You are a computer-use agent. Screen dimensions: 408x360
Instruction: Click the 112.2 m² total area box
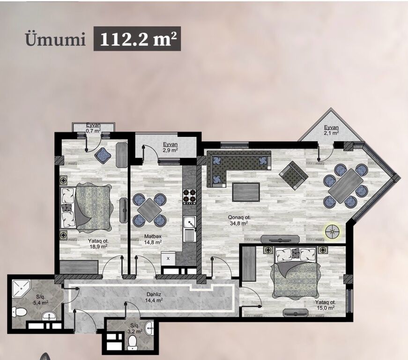pos(137,38)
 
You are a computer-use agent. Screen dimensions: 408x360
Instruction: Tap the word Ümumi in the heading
pos(55,40)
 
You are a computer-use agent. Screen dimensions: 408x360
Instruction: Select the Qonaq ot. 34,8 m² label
pos(237,220)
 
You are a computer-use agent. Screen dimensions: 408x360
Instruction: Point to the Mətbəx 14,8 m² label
pos(153,239)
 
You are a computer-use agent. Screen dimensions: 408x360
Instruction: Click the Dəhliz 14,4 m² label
pos(154,297)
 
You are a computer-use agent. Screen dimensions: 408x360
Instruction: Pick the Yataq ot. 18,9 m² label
pos(98,243)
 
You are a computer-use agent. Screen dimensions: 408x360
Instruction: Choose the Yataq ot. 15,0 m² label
pos(325,305)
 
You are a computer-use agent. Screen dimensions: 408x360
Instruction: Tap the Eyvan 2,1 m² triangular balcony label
pos(331,130)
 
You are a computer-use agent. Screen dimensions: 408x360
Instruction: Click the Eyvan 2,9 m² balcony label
pos(171,147)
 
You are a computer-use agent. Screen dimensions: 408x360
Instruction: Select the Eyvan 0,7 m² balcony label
pos(93,128)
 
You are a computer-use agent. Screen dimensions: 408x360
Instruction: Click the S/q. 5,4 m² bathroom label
pos(41,300)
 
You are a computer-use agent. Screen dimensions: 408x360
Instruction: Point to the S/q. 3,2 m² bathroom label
pos(136,328)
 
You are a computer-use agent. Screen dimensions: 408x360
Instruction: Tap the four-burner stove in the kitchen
pos(189,196)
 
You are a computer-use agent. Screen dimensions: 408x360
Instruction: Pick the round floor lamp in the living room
pos(333,232)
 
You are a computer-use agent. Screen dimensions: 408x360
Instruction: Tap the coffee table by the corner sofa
pos(246,192)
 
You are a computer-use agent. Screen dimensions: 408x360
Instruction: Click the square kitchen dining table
pos(149,210)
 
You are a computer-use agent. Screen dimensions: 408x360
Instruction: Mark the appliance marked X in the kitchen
pos(168,258)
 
